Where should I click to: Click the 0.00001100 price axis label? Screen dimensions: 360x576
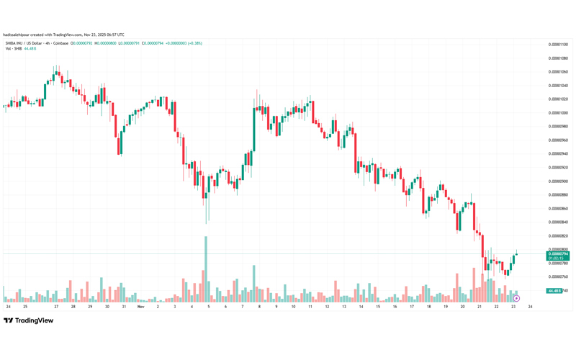coord(558,45)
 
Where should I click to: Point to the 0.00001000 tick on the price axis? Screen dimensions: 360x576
coord(558,113)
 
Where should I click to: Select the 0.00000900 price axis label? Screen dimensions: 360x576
coord(558,181)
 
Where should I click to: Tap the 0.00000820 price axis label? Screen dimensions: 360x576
coord(558,236)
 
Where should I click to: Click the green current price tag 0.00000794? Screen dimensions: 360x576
coord(558,253)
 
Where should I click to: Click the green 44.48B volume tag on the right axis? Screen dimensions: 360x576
coord(554,291)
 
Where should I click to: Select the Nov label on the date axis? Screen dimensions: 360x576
coord(141,306)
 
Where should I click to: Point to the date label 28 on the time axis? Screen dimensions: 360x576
coord(73,306)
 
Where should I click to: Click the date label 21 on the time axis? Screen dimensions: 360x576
coord(479,306)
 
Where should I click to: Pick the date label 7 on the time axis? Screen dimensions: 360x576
coord(243,306)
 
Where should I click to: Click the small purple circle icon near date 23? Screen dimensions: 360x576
coord(517,297)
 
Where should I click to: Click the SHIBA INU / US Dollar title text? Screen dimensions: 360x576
coord(36,43)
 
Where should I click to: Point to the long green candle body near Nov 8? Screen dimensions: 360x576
coord(254,130)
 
